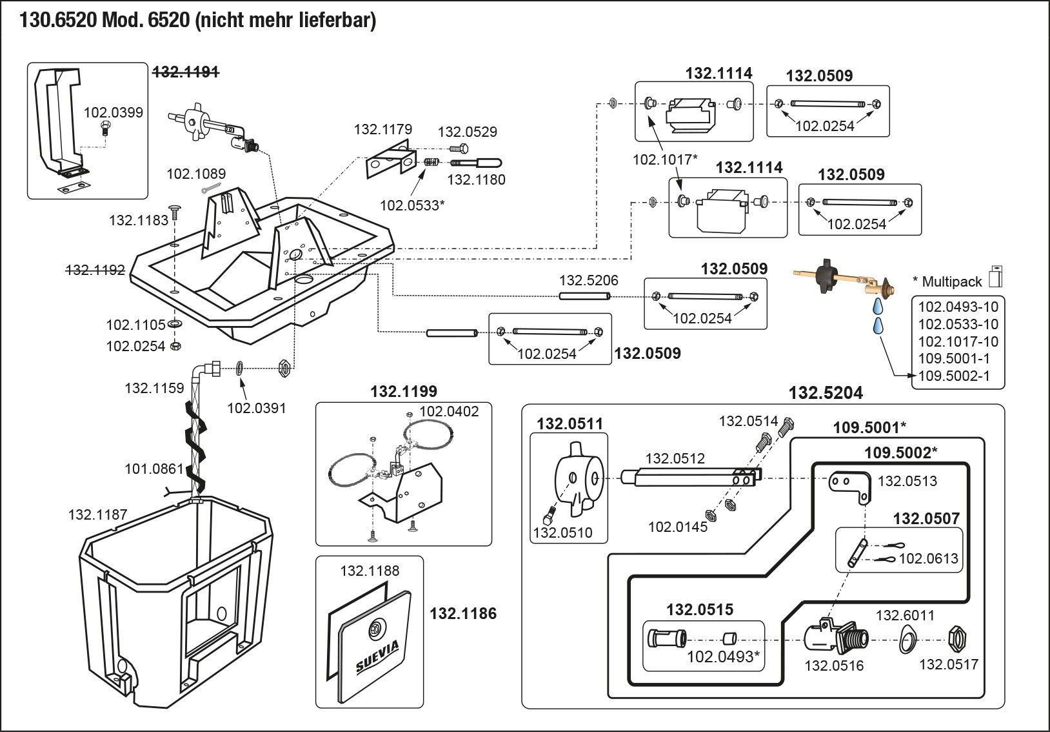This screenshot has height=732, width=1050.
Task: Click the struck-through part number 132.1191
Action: [x=185, y=73]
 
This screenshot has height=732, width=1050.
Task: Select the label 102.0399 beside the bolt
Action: [x=113, y=113]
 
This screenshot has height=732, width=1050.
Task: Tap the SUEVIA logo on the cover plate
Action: [x=377, y=656]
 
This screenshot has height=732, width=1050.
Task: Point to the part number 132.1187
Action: [x=97, y=514]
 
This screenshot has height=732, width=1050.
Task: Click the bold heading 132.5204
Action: [x=826, y=393]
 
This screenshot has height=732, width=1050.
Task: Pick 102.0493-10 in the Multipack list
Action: [x=958, y=307]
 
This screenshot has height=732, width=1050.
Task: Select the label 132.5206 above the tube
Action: [x=588, y=280]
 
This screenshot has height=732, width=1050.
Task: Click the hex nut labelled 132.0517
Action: [x=955, y=640]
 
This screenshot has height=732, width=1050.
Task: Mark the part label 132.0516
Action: [x=833, y=666]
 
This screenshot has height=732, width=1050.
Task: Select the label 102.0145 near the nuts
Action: [x=677, y=527]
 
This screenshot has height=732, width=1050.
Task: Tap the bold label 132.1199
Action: [x=403, y=391]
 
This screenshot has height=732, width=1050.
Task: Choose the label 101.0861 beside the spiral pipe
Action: [x=154, y=469]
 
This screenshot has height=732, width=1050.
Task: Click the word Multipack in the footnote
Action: [x=951, y=281]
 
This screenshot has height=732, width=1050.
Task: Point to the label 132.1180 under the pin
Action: [x=476, y=179]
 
